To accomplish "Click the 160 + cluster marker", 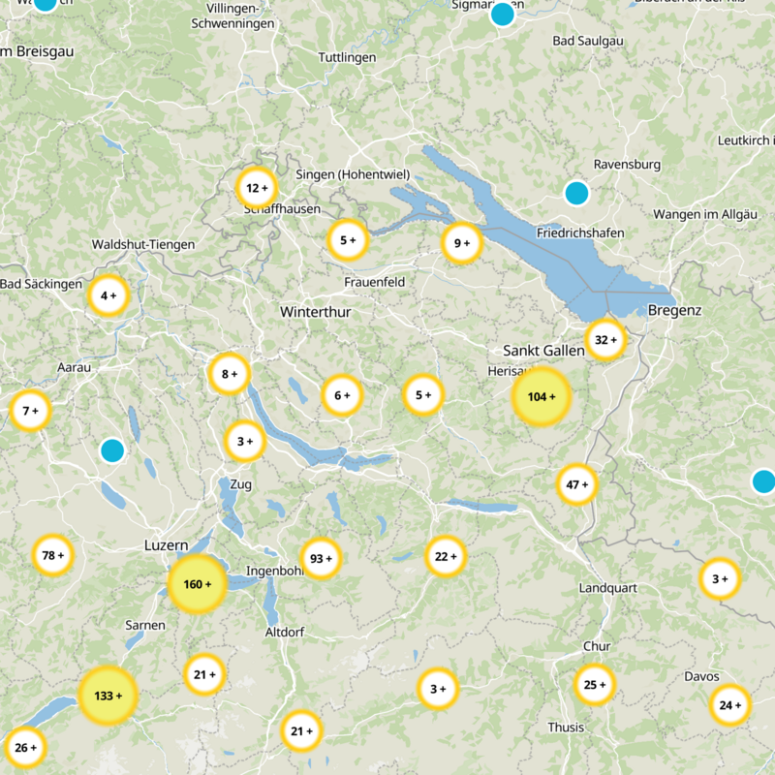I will click(197, 584).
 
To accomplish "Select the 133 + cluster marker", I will click(108, 696).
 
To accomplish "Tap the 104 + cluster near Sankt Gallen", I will click(541, 396).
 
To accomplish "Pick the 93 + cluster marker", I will click(321, 558).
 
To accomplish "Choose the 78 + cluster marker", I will click(52, 555).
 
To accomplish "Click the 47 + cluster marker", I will click(576, 484).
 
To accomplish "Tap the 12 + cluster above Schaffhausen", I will click(257, 188).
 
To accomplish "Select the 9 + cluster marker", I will click(461, 243).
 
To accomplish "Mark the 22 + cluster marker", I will click(445, 556).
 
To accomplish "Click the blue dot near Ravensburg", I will click(576, 193).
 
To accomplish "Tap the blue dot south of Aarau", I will click(112, 450).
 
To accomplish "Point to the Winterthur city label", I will click(315, 312).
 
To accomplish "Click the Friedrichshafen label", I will click(579, 233).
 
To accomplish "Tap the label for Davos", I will click(701, 676).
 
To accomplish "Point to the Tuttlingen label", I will click(347, 58).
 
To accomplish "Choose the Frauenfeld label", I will click(374, 282).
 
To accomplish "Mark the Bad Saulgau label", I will click(587, 40).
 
